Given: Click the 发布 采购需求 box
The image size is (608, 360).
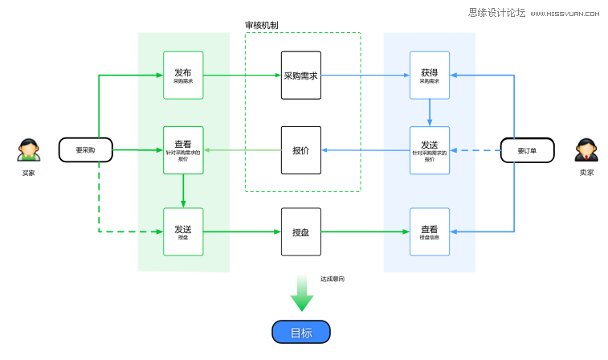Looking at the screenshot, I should (x=183, y=76).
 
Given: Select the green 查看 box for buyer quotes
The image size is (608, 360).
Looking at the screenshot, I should (x=183, y=150).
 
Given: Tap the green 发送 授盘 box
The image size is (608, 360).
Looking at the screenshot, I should (x=183, y=231).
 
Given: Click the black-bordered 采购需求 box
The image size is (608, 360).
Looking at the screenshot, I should (x=301, y=76).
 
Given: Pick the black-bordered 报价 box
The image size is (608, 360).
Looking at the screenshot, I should (x=301, y=150).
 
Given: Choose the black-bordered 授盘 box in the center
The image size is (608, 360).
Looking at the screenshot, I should (x=301, y=231).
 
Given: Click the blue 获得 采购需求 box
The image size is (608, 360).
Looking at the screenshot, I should (x=430, y=76).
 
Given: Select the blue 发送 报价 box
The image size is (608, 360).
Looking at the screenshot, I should (x=430, y=150).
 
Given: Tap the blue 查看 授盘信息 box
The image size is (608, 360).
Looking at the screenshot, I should (x=430, y=231).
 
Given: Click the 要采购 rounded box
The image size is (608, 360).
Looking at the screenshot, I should (x=85, y=149).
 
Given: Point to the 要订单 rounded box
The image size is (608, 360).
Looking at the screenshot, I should (x=527, y=149).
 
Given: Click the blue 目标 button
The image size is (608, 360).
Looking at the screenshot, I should (x=301, y=332).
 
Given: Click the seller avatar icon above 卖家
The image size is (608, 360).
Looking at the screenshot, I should (x=586, y=149).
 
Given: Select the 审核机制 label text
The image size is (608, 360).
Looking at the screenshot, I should (x=262, y=26).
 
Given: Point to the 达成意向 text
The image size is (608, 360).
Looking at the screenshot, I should (x=333, y=279).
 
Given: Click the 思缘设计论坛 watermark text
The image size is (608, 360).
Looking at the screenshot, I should (x=496, y=13).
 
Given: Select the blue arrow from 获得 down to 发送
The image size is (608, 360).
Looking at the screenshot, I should (x=430, y=112).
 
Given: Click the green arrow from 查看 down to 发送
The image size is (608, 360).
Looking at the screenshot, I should (x=183, y=191).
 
